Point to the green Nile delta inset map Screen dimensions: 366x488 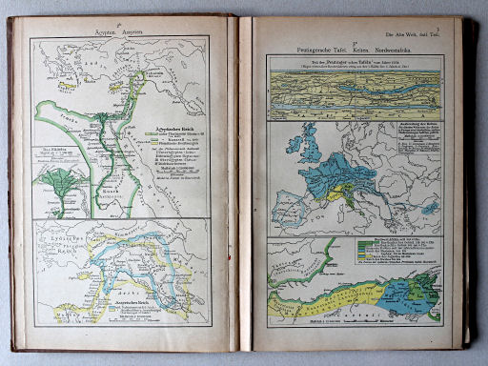(x=59, y=184)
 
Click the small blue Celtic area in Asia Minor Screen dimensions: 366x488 (x=430, y=207)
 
